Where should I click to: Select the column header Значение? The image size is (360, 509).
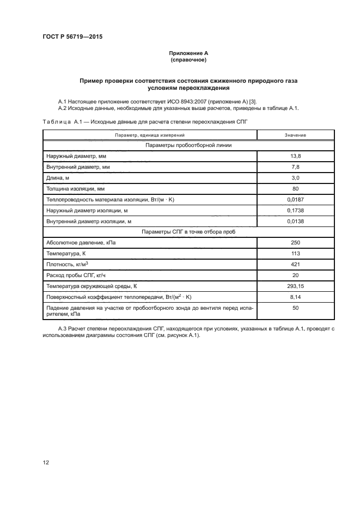pyautogui.click(x=295, y=134)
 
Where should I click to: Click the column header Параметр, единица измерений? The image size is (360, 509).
pyautogui.click(x=150, y=134)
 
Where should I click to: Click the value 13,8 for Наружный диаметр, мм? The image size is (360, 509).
pyautogui.click(x=295, y=156)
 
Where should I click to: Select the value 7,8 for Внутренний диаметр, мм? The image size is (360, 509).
pyautogui.click(x=295, y=167)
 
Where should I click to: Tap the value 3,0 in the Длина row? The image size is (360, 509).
pyautogui.click(x=295, y=178)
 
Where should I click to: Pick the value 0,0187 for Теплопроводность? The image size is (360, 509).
pyautogui.click(x=295, y=200)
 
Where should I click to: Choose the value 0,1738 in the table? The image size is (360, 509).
pyautogui.click(x=295, y=210)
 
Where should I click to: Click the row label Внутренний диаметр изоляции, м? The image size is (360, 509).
pyautogui.click(x=89, y=221)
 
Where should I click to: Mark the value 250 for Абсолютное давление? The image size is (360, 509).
pyautogui.click(x=295, y=243)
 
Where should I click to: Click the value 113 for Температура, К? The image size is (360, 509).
pyautogui.click(x=295, y=254)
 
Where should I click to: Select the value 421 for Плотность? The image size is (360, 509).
pyautogui.click(x=295, y=265)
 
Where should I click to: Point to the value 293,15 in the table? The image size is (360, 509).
pyautogui.click(x=295, y=286)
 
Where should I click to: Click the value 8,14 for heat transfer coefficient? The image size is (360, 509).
pyautogui.click(x=295, y=297)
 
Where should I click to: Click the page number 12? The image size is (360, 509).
pyautogui.click(x=46, y=463)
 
